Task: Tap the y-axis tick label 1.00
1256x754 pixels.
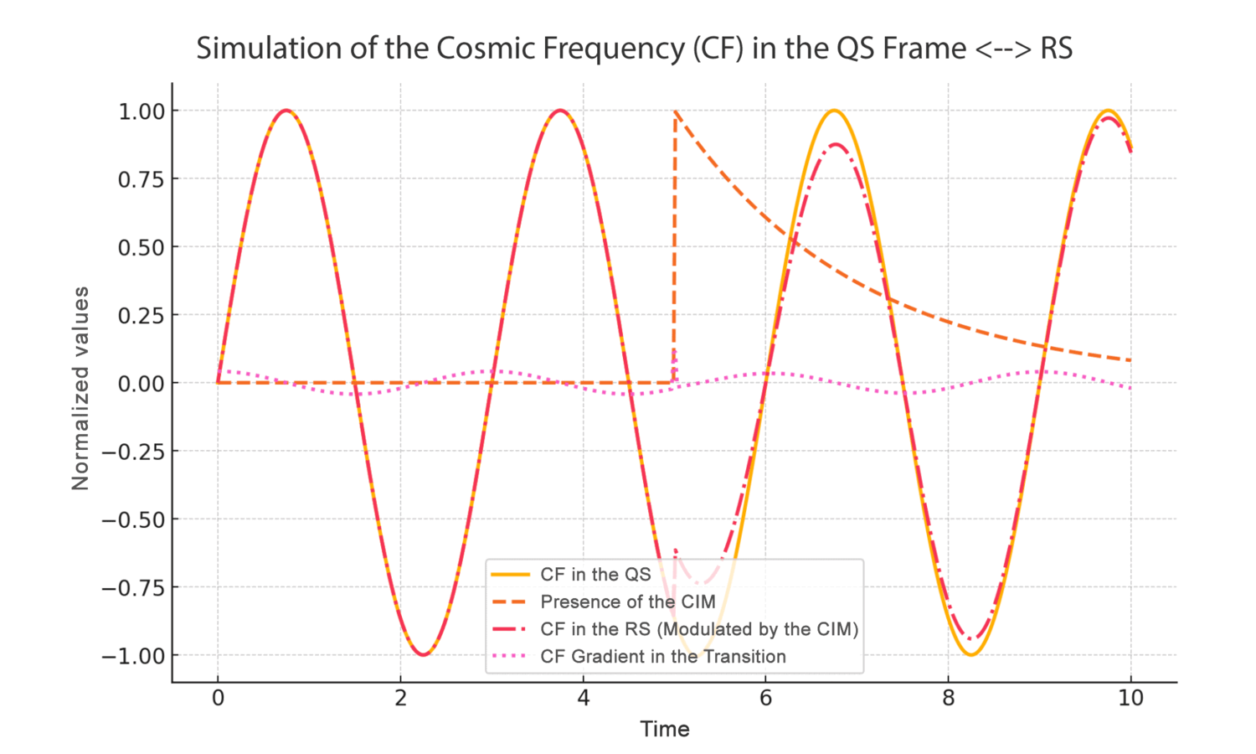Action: (x=142, y=111)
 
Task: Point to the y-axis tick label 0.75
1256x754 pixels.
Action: (x=142, y=179)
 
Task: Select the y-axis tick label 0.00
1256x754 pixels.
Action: (x=142, y=384)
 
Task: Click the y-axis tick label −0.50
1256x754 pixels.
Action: (x=133, y=519)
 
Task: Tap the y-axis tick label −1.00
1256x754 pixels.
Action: (x=133, y=656)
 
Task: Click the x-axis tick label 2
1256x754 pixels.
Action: (x=400, y=698)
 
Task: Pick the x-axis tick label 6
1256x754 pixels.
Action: (x=765, y=698)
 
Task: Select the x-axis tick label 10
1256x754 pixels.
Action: (x=1130, y=698)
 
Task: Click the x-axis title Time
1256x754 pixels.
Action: (x=665, y=729)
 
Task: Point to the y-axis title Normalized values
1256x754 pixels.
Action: (x=80, y=388)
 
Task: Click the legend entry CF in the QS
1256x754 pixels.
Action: (x=595, y=575)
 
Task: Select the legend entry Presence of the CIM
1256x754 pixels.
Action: (x=627, y=602)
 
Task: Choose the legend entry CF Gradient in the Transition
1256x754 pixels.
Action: (x=662, y=657)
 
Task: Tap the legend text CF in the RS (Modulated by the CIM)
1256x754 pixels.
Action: (x=698, y=629)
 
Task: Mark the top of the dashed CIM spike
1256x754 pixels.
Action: (x=675, y=111)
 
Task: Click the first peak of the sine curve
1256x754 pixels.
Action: (x=286, y=111)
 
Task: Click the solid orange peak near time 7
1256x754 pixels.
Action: (x=834, y=111)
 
